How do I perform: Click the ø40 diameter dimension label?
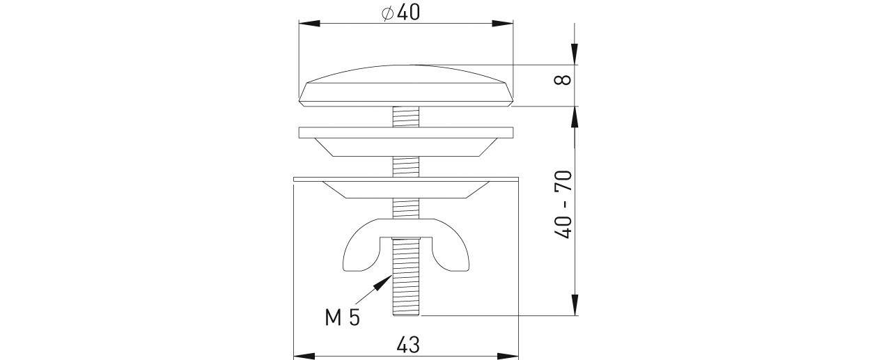click(x=400, y=13)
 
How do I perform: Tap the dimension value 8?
click(x=563, y=80)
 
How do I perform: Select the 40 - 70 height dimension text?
click(x=563, y=204)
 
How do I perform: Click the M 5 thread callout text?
click(x=343, y=318)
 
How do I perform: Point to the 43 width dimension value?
click(x=408, y=345)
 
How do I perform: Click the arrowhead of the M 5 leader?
click(x=383, y=282)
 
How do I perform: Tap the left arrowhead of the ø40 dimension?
click(x=309, y=24)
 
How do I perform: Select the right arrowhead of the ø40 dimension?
click(x=503, y=24)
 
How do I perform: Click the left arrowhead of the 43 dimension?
click(x=304, y=356)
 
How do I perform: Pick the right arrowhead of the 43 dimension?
click(x=508, y=356)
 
